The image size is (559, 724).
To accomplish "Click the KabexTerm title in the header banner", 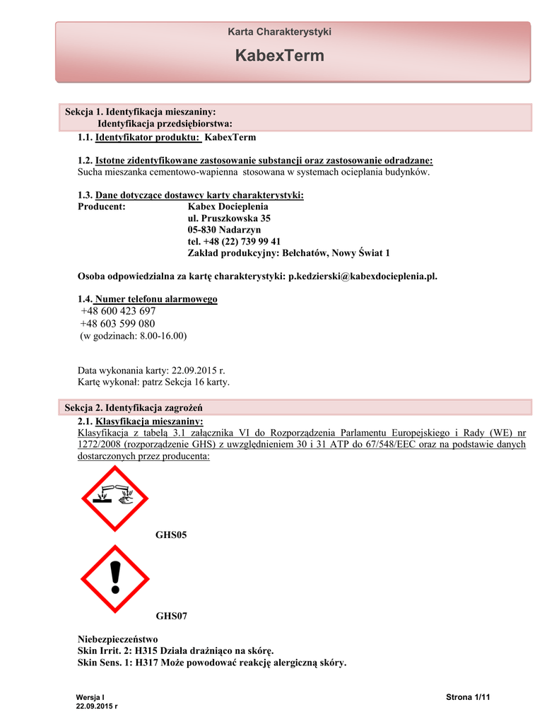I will [279, 56].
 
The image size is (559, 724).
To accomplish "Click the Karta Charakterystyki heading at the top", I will [279, 32].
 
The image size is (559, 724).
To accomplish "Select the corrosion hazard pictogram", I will [116, 498].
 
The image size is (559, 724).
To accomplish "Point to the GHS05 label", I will [171, 536].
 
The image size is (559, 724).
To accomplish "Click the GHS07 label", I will [171, 616].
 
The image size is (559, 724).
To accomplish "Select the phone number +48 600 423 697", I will [118, 311].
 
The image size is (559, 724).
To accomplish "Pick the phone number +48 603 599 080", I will [118, 324].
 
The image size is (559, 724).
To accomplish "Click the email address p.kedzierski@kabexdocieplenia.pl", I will [363, 276].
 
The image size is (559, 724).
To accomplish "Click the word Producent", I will [101, 206].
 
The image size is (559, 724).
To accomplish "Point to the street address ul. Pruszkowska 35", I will [229, 218].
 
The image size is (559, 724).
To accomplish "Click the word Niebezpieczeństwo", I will [117, 639].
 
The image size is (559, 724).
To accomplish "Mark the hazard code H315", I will [147, 650].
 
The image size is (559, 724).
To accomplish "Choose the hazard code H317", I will [148, 662].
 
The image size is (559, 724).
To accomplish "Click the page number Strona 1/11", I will [468, 698].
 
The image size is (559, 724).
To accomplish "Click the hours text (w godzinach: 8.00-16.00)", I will [133, 337].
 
